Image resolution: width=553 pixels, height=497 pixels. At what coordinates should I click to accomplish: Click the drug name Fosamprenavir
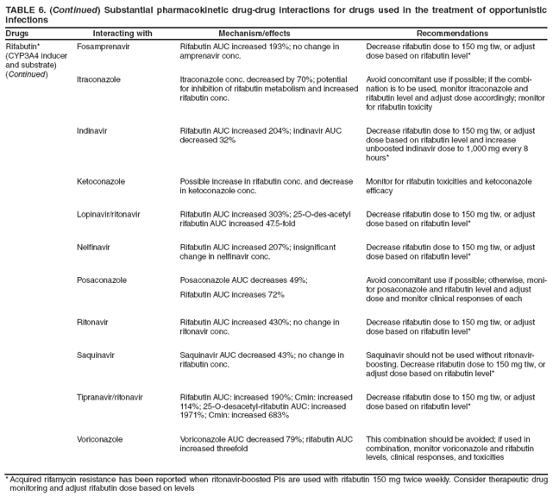pyautogui.click(x=104, y=46)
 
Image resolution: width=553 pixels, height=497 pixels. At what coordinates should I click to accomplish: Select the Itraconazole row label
pyautogui.click(x=98, y=79)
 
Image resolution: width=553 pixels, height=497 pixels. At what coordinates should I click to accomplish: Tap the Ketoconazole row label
pyautogui.click(x=100, y=182)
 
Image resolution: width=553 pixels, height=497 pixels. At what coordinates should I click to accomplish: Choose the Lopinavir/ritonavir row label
pyautogui.click(x=109, y=213)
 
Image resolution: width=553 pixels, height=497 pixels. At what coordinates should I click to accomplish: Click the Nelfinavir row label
pyautogui.click(x=94, y=247)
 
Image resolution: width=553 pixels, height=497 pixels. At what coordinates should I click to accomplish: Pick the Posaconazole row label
pyautogui.click(x=102, y=280)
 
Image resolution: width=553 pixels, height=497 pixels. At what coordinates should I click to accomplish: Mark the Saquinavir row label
pyautogui.click(x=97, y=355)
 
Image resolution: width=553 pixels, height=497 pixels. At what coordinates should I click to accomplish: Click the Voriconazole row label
pyautogui.click(x=99, y=439)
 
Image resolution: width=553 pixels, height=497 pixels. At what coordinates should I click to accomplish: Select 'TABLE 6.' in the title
pyautogui.click(x=27, y=7)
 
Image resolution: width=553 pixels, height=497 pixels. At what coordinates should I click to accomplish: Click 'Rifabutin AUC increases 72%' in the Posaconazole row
pyautogui.click(x=232, y=295)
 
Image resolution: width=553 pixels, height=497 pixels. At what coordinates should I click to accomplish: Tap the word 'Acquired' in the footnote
pyautogui.click(x=28, y=479)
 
